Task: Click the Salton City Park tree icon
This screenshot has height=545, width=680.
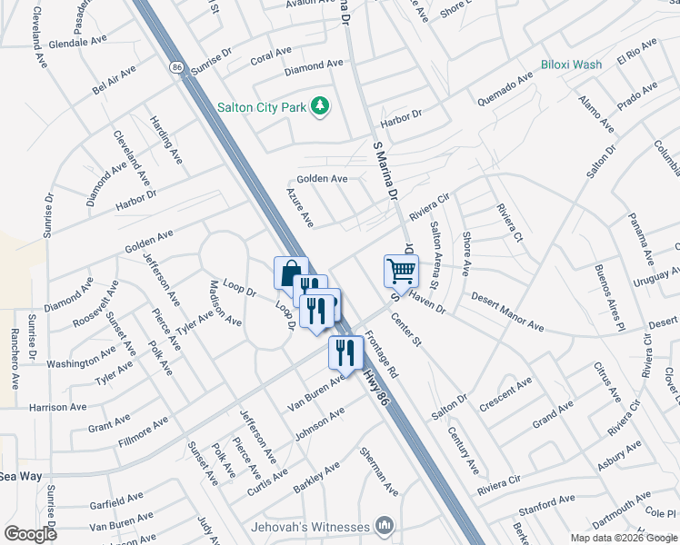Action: [x=319, y=107]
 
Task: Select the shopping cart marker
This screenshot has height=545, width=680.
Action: [x=401, y=270]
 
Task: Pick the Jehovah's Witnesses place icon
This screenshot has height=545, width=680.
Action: [x=385, y=526]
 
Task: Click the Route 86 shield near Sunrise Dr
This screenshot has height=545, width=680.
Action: [x=175, y=65]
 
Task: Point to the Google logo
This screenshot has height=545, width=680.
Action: [x=29, y=534]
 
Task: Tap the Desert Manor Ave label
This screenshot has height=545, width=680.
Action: [x=506, y=312]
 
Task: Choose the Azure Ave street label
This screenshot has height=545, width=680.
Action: [x=300, y=208]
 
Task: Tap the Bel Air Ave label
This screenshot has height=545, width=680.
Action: [x=114, y=79]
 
